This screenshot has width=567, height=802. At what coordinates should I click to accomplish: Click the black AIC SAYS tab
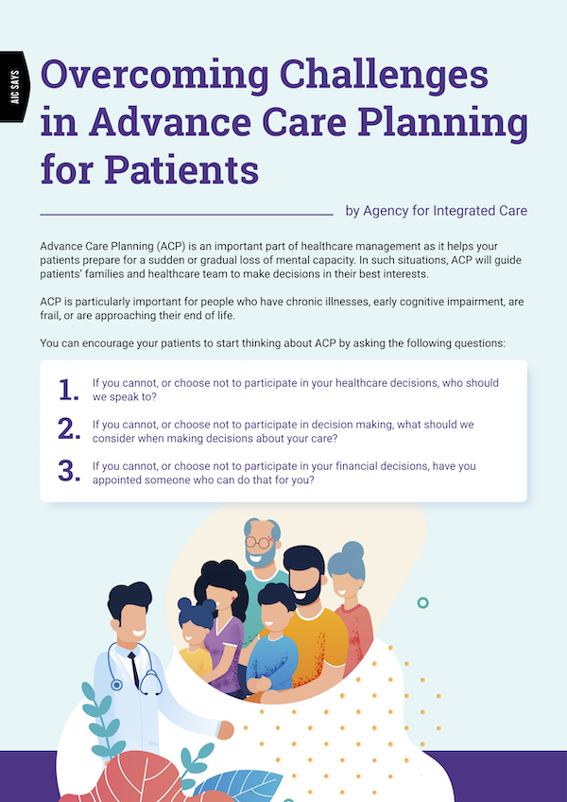(14, 86)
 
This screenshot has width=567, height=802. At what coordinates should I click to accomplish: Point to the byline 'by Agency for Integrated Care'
(436, 211)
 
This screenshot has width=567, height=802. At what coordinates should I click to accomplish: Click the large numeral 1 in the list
(68, 391)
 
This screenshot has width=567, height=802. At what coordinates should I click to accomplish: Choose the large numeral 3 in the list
(68, 472)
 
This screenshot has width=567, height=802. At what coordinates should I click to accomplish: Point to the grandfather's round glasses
(258, 542)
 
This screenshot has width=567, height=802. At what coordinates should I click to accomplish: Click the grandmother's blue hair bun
(352, 551)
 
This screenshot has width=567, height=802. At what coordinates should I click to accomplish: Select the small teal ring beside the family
(422, 602)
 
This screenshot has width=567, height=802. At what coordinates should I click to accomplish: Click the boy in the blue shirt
(272, 642)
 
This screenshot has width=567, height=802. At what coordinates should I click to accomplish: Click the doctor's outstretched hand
(225, 729)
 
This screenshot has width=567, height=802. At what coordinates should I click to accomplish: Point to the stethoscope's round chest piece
(116, 685)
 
